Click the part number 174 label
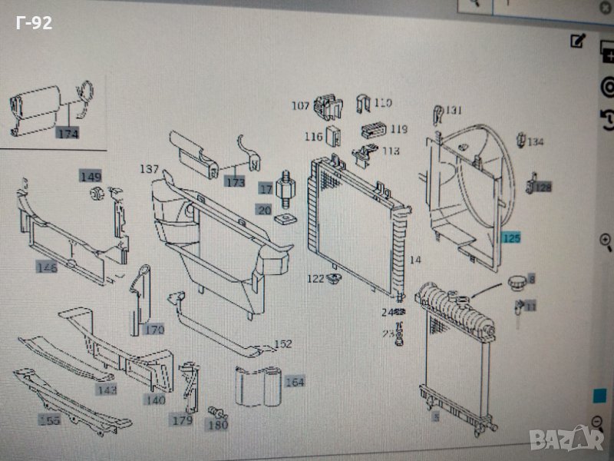point(68,133)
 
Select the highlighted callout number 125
point(512,239)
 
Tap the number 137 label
point(149,169)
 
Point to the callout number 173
point(235,182)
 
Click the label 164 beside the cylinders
point(295,381)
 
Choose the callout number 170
point(154,330)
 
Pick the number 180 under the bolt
point(219,424)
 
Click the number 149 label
point(91,177)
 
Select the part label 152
point(283,344)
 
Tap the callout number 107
point(300,105)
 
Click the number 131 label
point(454,110)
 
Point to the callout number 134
point(535,142)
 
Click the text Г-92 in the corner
point(34,23)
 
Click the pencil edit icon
point(578,41)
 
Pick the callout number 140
point(156,400)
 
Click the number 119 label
point(399,129)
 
